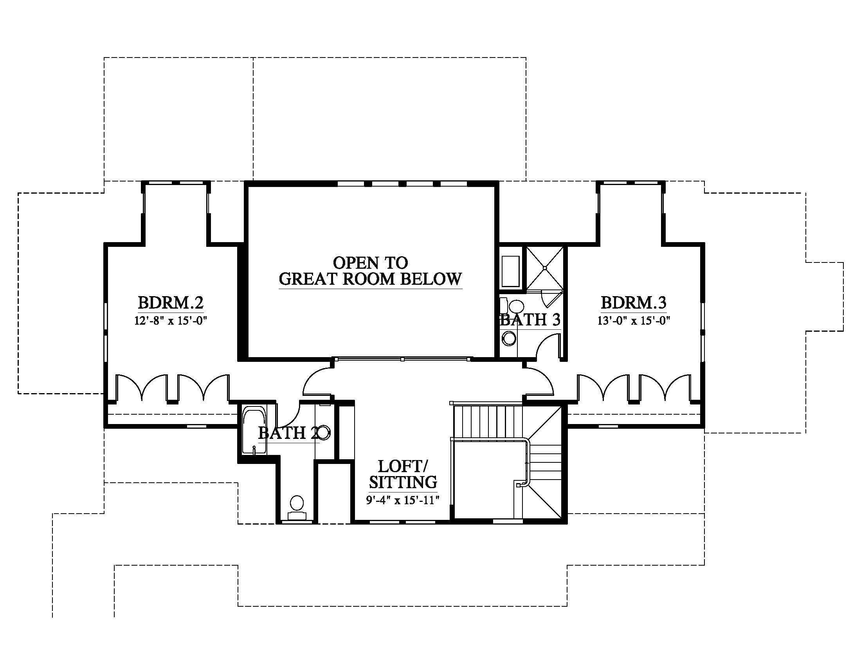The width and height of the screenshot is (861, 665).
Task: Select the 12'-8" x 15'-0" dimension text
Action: (x=171, y=320)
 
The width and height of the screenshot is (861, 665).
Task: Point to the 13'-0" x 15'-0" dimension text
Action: (x=634, y=320)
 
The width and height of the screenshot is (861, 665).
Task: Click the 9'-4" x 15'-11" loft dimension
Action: (x=403, y=500)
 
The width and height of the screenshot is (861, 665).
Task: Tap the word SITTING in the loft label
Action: (x=403, y=482)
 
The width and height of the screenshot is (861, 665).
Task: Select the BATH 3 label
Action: (x=530, y=320)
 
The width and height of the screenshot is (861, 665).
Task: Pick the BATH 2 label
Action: (x=288, y=433)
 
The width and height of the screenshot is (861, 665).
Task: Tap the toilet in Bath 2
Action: (x=297, y=508)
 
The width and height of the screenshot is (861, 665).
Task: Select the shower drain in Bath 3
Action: (x=545, y=268)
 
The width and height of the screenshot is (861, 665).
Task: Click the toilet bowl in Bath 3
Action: (x=514, y=306)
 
